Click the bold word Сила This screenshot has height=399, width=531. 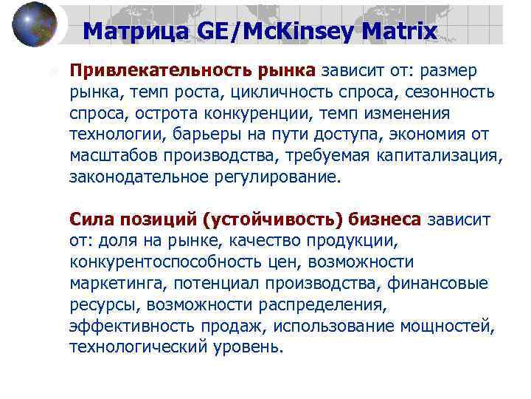point(90,219)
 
